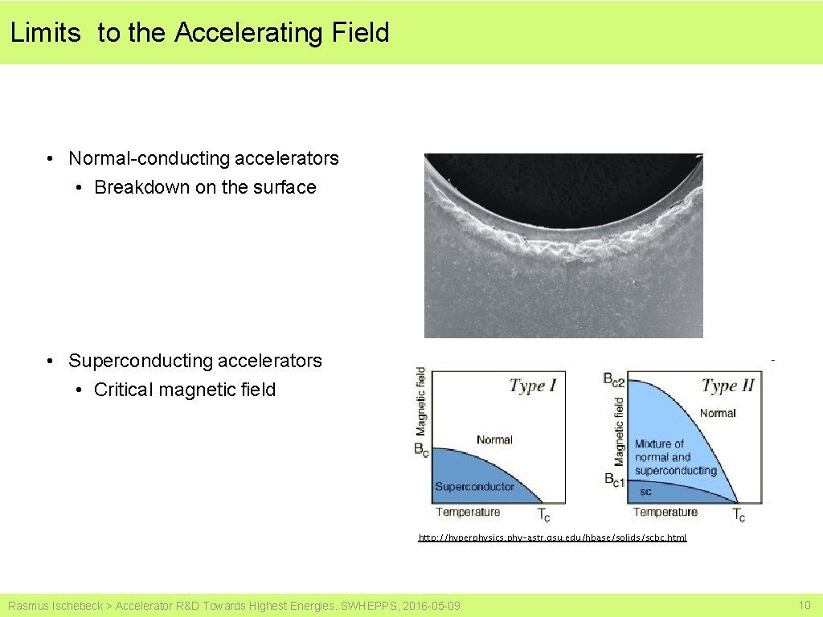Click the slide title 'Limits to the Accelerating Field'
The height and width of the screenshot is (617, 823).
click(x=199, y=33)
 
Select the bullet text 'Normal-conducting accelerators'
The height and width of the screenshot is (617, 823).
click(x=203, y=158)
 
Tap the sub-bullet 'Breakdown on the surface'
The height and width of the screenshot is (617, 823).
click(x=205, y=187)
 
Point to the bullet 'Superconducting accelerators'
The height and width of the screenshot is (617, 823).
click(x=194, y=361)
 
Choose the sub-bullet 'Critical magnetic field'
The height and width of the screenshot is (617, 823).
click(x=184, y=390)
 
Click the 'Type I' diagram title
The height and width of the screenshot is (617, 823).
click(x=532, y=386)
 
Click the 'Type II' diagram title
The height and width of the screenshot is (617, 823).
click(x=727, y=386)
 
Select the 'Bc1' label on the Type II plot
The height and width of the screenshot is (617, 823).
click(x=615, y=480)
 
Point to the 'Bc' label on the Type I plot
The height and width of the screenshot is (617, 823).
click(x=421, y=451)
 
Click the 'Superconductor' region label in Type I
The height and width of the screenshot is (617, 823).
click(x=474, y=486)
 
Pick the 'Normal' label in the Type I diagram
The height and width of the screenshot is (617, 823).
click(x=494, y=439)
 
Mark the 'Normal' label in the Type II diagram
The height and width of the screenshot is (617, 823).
click(x=717, y=413)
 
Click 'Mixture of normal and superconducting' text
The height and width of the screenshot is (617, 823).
click(x=674, y=456)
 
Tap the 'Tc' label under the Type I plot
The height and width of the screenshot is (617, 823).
click(x=543, y=515)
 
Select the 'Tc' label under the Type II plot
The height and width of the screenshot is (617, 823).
click(x=739, y=515)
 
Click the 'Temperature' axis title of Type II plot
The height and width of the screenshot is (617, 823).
click(x=665, y=512)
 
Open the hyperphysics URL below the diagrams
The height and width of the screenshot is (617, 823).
click(x=552, y=537)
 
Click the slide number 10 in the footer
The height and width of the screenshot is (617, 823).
click(x=804, y=605)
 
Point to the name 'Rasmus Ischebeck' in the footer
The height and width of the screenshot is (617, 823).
click(x=55, y=606)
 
